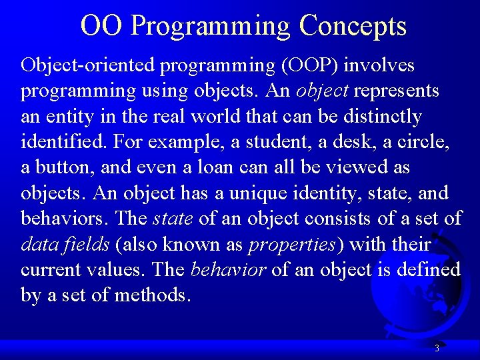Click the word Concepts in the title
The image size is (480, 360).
pyautogui.click(x=353, y=26)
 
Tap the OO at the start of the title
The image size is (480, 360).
pyautogui.click(x=101, y=25)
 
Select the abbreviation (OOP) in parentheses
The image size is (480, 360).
pyautogui.click(x=309, y=65)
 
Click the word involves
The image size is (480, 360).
pyautogui.click(x=379, y=65)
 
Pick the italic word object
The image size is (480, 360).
pyautogui.click(x=322, y=91)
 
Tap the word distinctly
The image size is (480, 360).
pyautogui.click(x=383, y=117)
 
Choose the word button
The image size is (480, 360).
pyautogui.click(x=65, y=167)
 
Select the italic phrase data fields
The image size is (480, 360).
pyautogui.click(x=65, y=245)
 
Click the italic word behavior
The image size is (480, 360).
pyautogui.click(x=228, y=270)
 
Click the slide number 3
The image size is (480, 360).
pyautogui.click(x=437, y=348)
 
